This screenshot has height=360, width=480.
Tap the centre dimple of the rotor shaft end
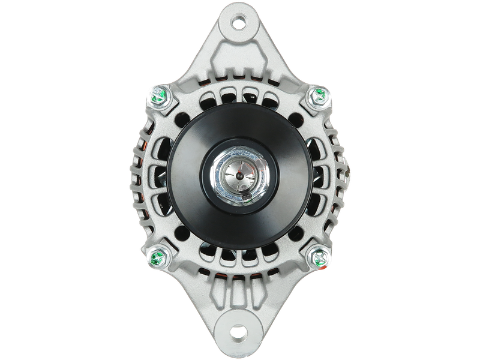coord(238,175)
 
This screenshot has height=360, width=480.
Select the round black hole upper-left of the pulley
coord(179,118)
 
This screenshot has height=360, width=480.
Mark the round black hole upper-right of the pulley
coord(300,118)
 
